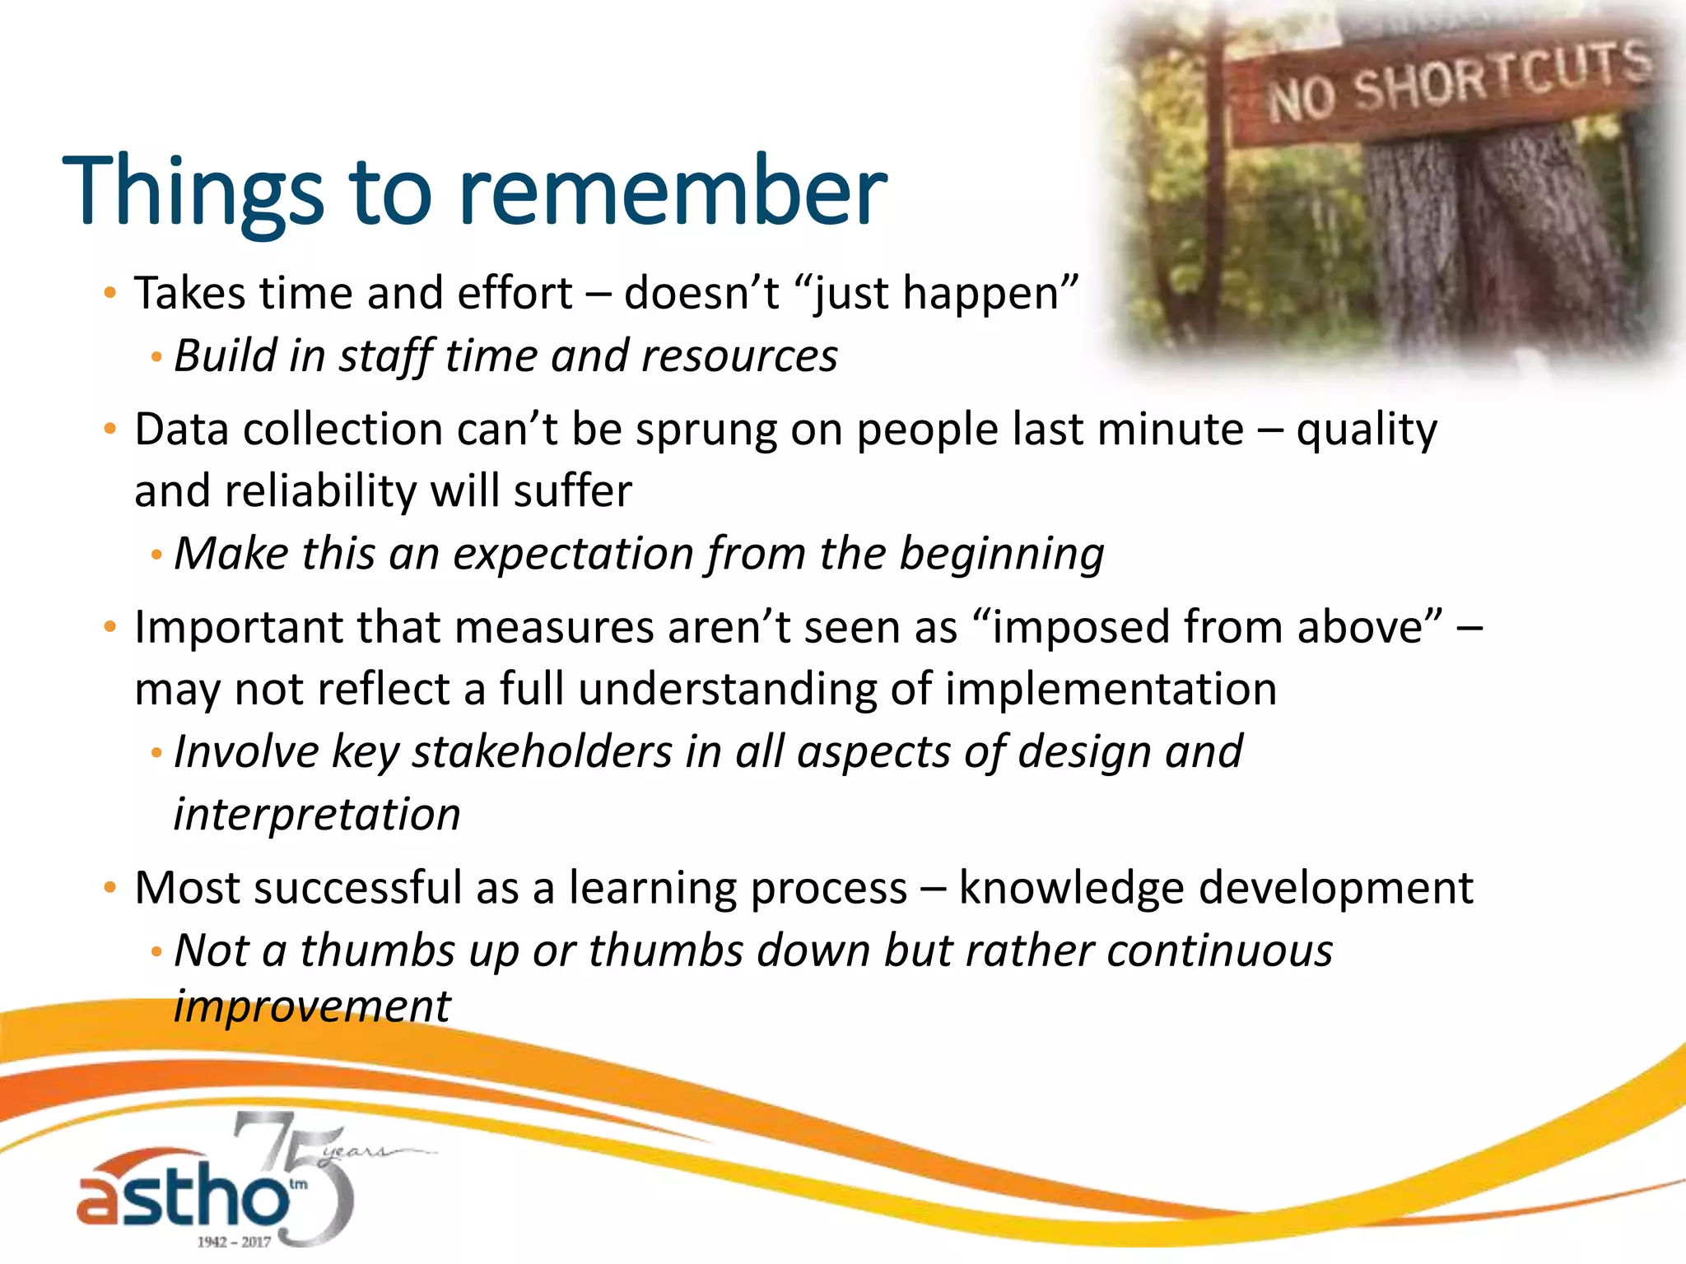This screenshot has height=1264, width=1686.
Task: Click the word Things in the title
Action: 193,191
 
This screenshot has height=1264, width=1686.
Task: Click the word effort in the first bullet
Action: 515,293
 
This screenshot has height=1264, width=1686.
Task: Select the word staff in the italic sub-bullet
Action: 386,357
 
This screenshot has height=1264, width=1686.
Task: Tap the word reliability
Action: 320,491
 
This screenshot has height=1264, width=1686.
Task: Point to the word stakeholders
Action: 543,752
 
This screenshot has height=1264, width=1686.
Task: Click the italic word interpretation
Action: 317,815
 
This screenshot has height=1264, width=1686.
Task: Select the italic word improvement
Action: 312,1006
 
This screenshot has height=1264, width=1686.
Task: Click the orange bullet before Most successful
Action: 110,889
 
